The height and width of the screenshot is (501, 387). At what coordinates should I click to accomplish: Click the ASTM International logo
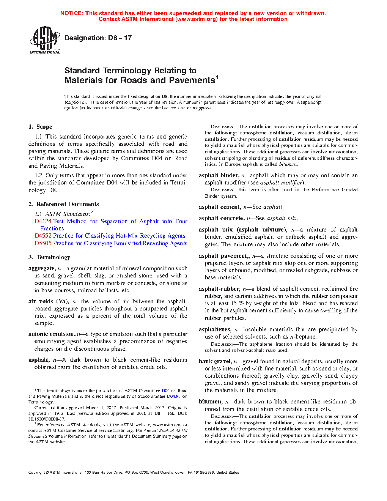[x=45, y=40]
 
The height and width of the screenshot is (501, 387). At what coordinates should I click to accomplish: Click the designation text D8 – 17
[x=98, y=38]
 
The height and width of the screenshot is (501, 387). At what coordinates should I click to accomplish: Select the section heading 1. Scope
[x=40, y=127]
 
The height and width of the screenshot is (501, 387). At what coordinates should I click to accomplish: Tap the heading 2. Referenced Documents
[x=63, y=204]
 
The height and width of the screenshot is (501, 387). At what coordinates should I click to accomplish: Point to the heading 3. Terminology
[x=49, y=257]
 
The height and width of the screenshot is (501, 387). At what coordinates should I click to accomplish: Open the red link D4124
[x=43, y=221]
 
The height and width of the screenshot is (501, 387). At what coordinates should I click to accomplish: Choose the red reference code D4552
[x=43, y=236]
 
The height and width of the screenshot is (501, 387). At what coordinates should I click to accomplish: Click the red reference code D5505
[x=43, y=243]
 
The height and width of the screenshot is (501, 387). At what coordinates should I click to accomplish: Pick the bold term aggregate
[x=41, y=268]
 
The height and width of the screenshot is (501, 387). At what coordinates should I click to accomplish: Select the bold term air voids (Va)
[x=48, y=301]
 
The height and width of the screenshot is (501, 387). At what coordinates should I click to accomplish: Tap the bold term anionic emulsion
[x=51, y=334]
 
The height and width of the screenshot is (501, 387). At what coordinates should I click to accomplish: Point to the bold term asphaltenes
[x=215, y=329]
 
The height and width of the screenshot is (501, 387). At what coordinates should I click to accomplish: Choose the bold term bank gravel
[x=215, y=361]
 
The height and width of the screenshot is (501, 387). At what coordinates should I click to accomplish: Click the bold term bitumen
[x=210, y=402]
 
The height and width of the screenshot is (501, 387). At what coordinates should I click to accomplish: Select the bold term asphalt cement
[x=220, y=207]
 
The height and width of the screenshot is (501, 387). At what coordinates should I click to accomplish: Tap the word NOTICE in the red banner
[x=72, y=13]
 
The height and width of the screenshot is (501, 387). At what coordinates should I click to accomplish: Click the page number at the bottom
[x=193, y=482]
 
